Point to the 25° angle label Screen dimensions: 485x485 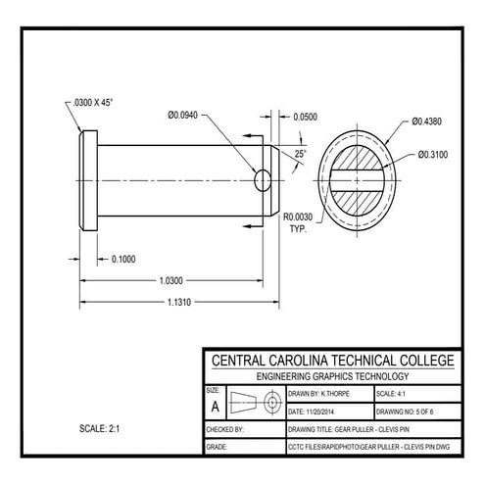pos(300,154)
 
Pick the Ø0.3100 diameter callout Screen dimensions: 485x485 pos(435,154)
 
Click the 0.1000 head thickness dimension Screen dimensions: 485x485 pos(123,259)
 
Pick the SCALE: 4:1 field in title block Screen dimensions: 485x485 pos(395,393)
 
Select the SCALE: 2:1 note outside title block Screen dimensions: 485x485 pos(102,429)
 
